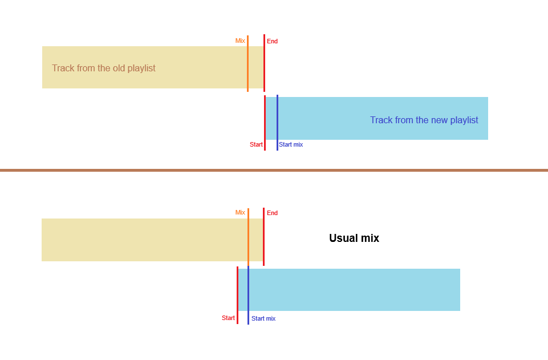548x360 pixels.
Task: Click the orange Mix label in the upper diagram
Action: [x=240, y=41]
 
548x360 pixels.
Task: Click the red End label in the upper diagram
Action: [x=272, y=41]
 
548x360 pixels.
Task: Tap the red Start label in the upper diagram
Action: [x=256, y=144]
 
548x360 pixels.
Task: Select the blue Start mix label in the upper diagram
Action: [x=291, y=144]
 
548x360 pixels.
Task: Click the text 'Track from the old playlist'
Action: [x=103, y=68]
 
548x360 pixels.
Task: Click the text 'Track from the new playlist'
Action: [x=424, y=120]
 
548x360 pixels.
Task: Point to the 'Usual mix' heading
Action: [x=354, y=238]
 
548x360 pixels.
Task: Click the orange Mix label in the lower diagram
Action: [x=240, y=212]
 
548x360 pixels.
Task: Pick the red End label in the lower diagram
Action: [x=272, y=213]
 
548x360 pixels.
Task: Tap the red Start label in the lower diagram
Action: [x=228, y=318]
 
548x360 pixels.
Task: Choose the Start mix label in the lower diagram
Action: [x=263, y=318]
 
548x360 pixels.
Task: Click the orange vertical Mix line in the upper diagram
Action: [x=248, y=63]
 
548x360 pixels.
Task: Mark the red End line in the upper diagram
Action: [x=264, y=63]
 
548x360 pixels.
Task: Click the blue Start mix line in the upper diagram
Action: [x=278, y=123]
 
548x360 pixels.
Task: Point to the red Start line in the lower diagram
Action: [x=237, y=295]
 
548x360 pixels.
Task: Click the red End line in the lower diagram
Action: [x=263, y=237]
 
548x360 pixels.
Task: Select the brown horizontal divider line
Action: [x=274, y=170]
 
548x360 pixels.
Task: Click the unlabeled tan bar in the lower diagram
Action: [x=152, y=240]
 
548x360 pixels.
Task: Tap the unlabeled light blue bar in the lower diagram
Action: [x=349, y=290]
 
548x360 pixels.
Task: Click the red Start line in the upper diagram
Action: [x=265, y=123]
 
